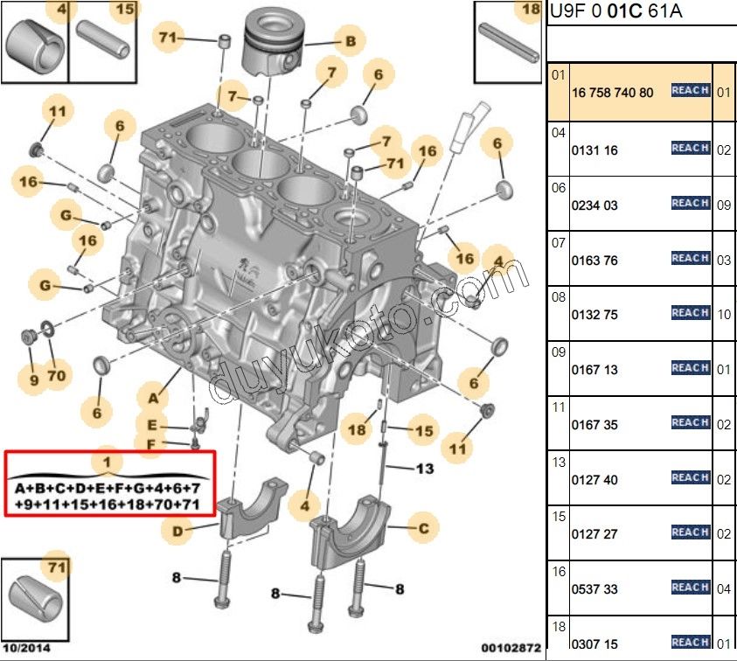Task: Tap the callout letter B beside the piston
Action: (350, 40)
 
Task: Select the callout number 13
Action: (424, 469)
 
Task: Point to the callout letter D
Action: (177, 530)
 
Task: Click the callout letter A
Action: (153, 398)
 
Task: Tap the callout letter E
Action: (151, 425)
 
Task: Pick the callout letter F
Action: (150, 444)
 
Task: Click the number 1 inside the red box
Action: (107, 461)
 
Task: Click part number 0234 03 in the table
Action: (594, 205)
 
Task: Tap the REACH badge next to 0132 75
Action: (690, 312)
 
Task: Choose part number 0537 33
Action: (594, 589)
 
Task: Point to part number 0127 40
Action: (594, 480)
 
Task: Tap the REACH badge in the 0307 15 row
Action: (690, 642)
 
